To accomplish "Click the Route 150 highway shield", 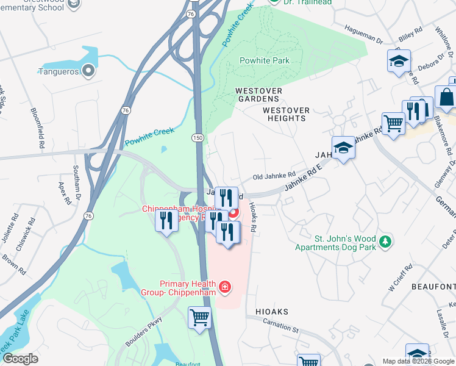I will coord(198,138).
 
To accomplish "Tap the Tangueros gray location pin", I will coord(88,71).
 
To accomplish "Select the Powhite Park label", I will coord(264,60).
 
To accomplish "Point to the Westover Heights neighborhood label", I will coord(286,114).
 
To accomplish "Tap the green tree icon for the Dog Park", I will coord(385,242).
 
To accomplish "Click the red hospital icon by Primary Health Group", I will coord(225,287).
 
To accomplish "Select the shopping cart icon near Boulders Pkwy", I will coord(200,318).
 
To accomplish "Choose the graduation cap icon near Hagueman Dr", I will coord(399,61).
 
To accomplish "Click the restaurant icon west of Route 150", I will coord(166,221).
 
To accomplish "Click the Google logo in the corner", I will coord(20,359).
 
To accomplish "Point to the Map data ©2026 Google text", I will coord(418,361).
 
